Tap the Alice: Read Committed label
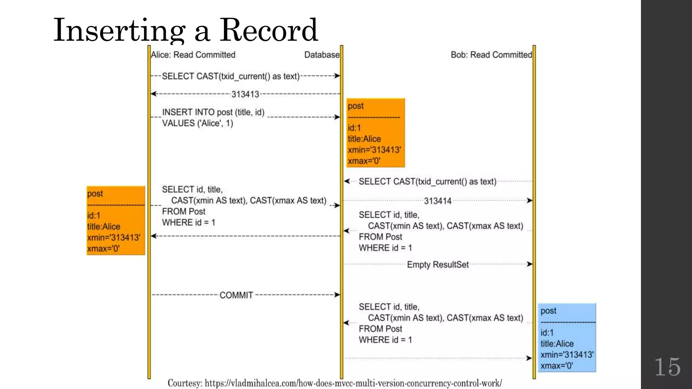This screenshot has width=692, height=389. coord(193,55)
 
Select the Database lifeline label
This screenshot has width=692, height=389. coord(322,55)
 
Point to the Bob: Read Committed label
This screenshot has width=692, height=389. coord(491,55)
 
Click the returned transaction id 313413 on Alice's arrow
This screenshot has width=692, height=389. coord(245,94)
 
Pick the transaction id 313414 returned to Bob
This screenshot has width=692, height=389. coord(438,201)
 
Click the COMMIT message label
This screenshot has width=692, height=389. coord(236,295)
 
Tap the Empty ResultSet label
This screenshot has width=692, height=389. coord(438,264)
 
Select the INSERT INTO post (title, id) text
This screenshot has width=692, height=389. coord(213,112)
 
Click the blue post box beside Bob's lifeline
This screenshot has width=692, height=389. coord(567,338)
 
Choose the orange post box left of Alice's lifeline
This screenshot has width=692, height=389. coord(116,220)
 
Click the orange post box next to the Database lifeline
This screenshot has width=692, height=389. coord(375,133)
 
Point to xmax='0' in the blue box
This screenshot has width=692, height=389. coord(557,366)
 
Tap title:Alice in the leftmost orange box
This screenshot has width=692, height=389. coord(103,227)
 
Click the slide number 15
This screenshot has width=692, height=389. coord(667,367)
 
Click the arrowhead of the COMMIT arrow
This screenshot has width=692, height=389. coord(337,295)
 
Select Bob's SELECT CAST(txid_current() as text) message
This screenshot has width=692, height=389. coord(427,182)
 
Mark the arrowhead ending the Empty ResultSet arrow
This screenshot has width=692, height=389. coord(529,264)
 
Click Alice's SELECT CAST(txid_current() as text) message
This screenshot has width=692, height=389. coord(231,76)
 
